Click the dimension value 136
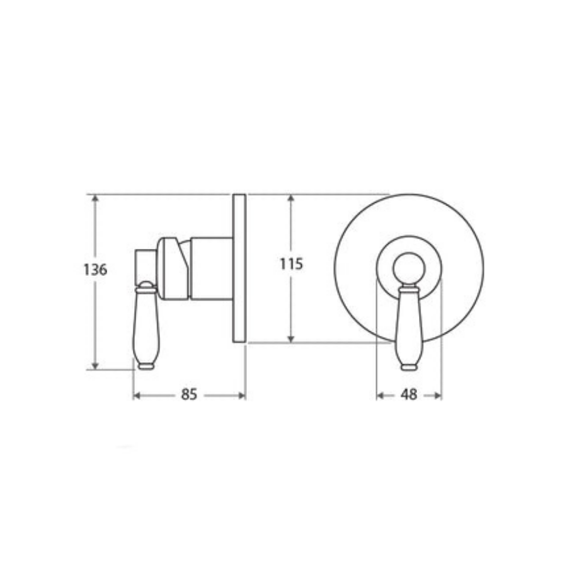coord(95,270)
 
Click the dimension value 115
coord(292,264)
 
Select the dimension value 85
coord(189,395)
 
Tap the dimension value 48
coord(409,395)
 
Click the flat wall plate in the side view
coord(239,268)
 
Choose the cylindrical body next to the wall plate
coord(211,269)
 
